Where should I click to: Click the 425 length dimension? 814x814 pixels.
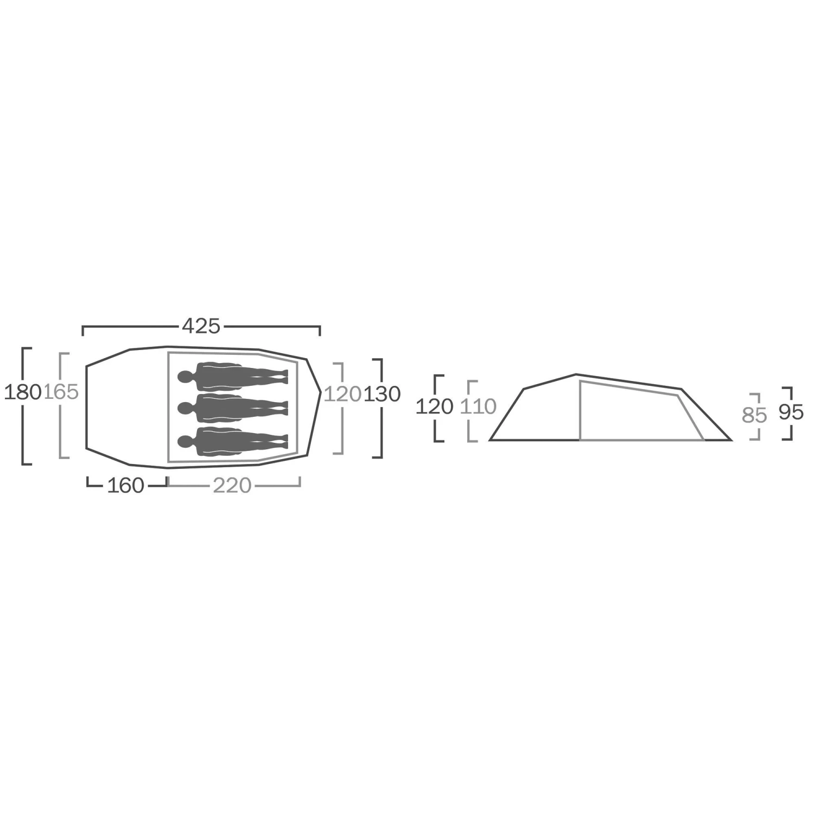pyautogui.click(x=201, y=326)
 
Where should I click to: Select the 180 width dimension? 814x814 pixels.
pyautogui.click(x=23, y=392)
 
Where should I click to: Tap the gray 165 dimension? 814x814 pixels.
pyautogui.click(x=61, y=392)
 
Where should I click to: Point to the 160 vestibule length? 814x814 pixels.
pyautogui.click(x=125, y=485)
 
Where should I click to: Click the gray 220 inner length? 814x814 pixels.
pyautogui.click(x=232, y=485)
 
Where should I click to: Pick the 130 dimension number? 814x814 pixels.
pyautogui.click(x=382, y=394)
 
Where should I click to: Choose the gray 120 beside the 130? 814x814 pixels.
pyautogui.click(x=342, y=394)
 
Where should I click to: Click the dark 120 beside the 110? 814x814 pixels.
pyautogui.click(x=434, y=406)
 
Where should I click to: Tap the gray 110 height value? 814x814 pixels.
pyautogui.click(x=478, y=406)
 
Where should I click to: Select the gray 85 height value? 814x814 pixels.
pyautogui.click(x=754, y=416)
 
